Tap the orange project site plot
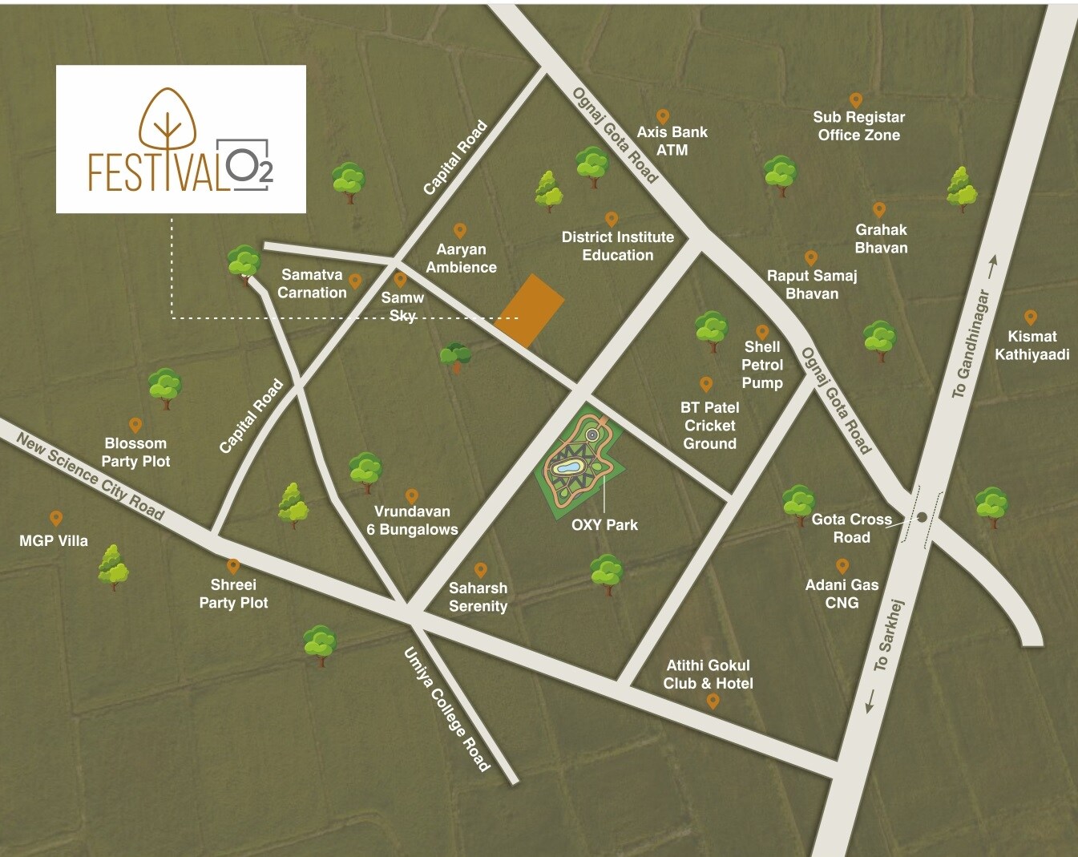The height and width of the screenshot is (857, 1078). (x=530, y=310)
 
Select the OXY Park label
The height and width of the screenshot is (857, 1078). (x=604, y=525)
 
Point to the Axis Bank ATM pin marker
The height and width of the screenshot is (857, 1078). (x=663, y=117)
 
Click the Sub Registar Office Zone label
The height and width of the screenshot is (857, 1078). (x=858, y=126)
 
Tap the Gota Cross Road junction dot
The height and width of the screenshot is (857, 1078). (x=922, y=517)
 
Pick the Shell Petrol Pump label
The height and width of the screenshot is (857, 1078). (x=762, y=365)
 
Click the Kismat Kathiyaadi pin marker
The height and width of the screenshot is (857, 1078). (x=1031, y=317)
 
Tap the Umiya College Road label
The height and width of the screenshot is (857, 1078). (x=447, y=709)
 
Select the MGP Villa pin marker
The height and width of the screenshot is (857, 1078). (x=56, y=518)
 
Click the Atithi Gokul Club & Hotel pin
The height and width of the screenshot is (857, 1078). (x=713, y=701)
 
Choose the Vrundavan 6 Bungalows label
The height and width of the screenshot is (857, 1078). (x=412, y=520)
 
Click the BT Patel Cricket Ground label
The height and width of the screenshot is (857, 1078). (x=709, y=426)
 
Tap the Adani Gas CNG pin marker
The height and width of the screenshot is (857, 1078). (x=842, y=565)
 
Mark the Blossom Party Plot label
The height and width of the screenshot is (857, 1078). (x=135, y=452)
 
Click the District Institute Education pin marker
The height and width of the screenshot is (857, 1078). (x=612, y=219)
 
